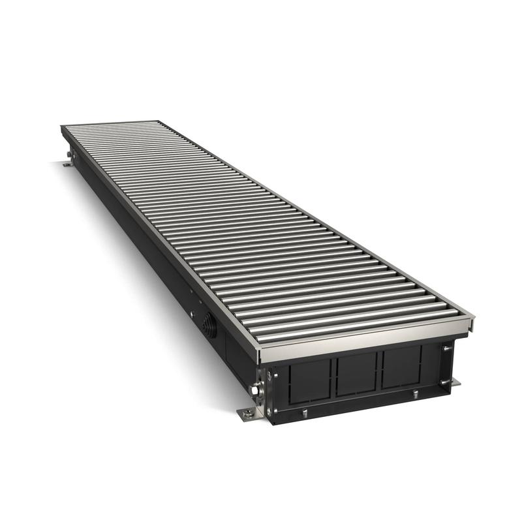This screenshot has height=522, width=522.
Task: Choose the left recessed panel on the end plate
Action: point(312,380)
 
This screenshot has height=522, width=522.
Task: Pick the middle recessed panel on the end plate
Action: point(358,373)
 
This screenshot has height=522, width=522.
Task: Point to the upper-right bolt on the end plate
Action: point(446,348)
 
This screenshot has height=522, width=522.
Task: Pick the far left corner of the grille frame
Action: point(63,127)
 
